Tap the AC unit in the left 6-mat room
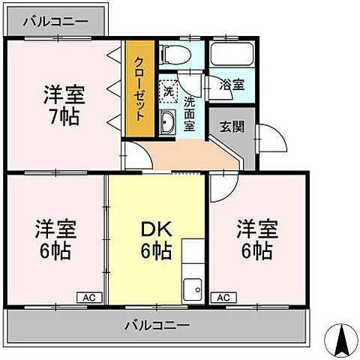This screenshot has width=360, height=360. (87, 297)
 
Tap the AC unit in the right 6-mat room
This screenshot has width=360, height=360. (223, 297)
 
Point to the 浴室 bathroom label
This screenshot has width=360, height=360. (232, 85)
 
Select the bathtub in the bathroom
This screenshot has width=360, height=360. (232, 54)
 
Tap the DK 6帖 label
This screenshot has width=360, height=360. (156, 239)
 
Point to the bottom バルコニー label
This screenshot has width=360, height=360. (157, 325)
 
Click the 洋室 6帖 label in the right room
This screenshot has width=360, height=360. (256, 238)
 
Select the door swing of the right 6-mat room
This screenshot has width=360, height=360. (222, 187)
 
